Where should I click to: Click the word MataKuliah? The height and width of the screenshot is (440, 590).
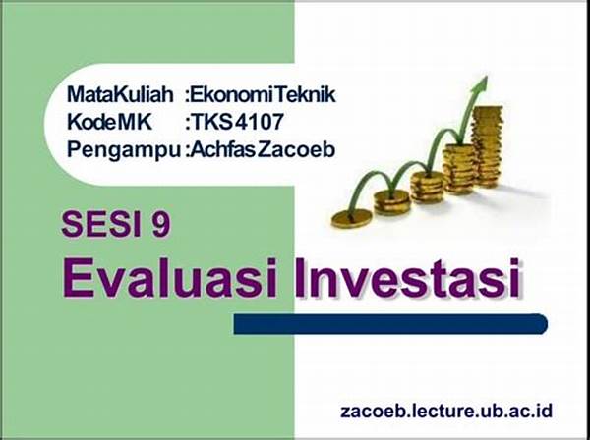pyautogui.click(x=120, y=94)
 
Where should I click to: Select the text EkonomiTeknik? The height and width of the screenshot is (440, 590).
pyautogui.click(x=263, y=94)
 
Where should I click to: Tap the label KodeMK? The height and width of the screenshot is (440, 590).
pyautogui.click(x=109, y=122)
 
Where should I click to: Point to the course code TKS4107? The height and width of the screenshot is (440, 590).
pyautogui.click(x=237, y=122)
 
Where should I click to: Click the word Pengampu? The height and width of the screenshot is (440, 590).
pyautogui.click(x=124, y=150)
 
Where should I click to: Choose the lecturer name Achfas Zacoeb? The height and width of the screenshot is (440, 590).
pyautogui.click(x=263, y=150)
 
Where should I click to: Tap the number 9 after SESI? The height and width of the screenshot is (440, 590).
pyautogui.click(x=161, y=225)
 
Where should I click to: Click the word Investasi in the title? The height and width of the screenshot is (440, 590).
pyautogui.click(x=407, y=278)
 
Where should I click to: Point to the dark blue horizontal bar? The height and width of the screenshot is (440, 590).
pyautogui.click(x=390, y=324)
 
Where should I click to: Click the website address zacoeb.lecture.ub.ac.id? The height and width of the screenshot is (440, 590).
pyautogui.click(x=446, y=411)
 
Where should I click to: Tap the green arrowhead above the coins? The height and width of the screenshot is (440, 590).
pyautogui.click(x=481, y=83)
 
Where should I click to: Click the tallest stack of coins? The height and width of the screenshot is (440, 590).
pyautogui.click(x=487, y=146)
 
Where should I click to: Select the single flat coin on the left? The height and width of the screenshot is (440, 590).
pyautogui.click(x=352, y=218)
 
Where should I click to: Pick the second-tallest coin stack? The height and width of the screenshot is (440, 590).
pyautogui.click(x=458, y=169)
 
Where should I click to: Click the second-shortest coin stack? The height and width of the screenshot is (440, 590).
pyautogui.click(x=391, y=202)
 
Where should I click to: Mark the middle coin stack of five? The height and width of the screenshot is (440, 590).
pyautogui.click(x=427, y=188)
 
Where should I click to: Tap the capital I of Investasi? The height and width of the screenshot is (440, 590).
pyautogui.click(x=300, y=278)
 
